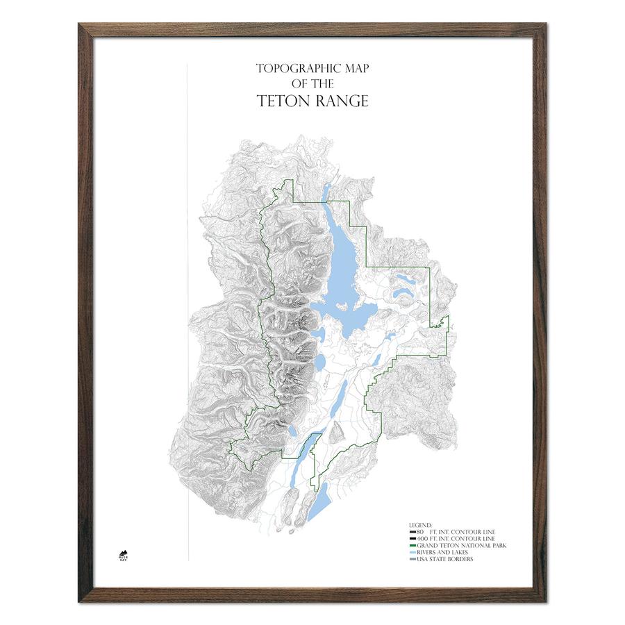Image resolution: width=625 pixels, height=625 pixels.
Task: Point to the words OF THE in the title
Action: point(312,84)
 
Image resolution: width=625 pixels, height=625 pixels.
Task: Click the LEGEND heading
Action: point(420,525)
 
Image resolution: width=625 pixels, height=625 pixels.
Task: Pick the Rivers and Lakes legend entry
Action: point(442,553)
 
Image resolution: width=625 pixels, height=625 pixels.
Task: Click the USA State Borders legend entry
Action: point(444,560)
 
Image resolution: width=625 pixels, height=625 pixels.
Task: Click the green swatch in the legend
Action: point(410,546)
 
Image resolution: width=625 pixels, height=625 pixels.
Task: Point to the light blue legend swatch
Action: point(410,553)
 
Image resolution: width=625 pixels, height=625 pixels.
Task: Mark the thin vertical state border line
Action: point(187,312)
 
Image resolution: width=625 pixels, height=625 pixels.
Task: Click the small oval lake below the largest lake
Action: point(321,362)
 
